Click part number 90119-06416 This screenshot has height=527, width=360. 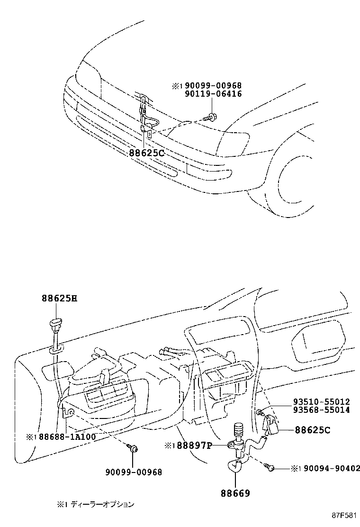point(213,94)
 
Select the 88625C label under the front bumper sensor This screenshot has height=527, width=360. point(146,153)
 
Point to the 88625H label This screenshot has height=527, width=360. point(59,299)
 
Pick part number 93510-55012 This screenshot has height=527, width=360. point(321,402)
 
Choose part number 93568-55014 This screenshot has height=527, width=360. point(321,409)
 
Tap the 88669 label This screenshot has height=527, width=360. point(235,493)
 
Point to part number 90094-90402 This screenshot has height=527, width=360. point(326,468)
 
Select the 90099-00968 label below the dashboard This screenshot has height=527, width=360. point(134,472)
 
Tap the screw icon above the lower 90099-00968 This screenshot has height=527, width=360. point(133,448)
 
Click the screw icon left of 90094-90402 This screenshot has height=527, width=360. point(270,467)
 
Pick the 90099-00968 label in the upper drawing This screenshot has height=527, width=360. point(213,86)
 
